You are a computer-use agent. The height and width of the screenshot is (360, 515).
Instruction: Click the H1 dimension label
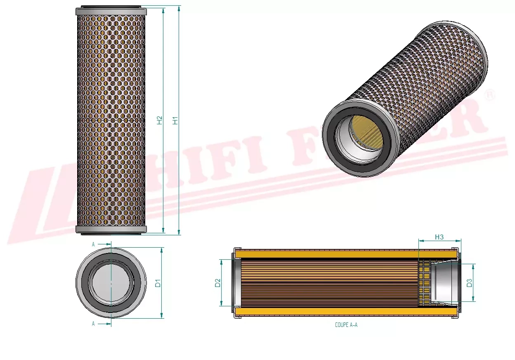[x=175, y=121]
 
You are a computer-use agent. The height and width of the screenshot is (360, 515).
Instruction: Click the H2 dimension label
[x=160, y=120]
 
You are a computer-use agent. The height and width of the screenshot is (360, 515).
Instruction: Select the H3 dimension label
[x=439, y=237]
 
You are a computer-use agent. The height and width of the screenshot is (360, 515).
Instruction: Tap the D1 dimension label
[x=157, y=283]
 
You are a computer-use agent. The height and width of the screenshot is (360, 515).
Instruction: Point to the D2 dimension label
[x=218, y=283]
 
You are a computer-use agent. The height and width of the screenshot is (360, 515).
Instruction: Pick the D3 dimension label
[x=469, y=283]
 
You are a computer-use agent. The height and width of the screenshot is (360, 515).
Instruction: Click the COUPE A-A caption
[x=346, y=325]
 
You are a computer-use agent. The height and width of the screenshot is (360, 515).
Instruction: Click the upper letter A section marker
[x=93, y=244]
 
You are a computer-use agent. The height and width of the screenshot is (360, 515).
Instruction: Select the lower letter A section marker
[x=93, y=324]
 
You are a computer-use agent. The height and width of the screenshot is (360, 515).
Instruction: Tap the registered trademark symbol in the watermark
[x=491, y=95]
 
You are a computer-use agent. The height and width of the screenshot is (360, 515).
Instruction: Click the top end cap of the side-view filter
[x=111, y=11]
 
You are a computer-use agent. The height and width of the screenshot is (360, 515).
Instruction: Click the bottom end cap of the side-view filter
[x=111, y=230]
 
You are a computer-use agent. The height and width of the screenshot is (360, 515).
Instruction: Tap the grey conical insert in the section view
[x=444, y=283]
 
